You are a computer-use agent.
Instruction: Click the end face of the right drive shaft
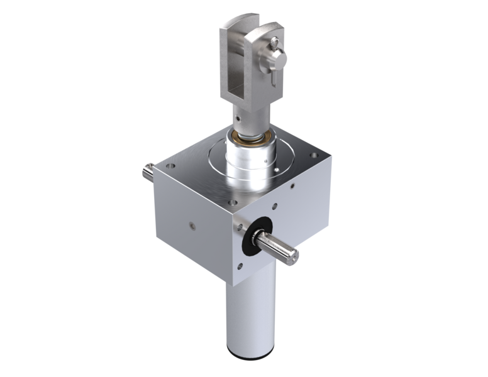click(x=294, y=253)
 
